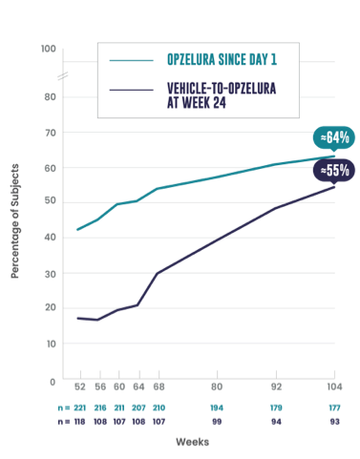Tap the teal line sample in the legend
[x=132, y=60]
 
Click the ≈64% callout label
[x=334, y=138]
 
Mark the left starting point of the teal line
[x=76, y=230]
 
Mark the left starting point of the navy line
[x=76, y=317]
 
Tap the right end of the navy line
[x=335, y=182]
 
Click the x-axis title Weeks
[x=189, y=440]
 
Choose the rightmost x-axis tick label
[x=335, y=386]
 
